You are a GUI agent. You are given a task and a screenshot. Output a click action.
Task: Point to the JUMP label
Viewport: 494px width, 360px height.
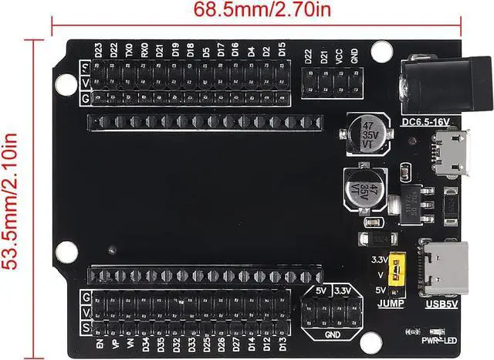coord(391,304)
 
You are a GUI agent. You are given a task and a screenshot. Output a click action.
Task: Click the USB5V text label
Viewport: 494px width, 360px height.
coord(442,304)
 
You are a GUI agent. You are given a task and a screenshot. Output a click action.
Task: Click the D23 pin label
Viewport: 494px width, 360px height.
coord(98,51)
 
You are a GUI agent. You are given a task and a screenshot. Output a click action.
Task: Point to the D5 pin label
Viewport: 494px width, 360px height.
coord(205,51)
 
